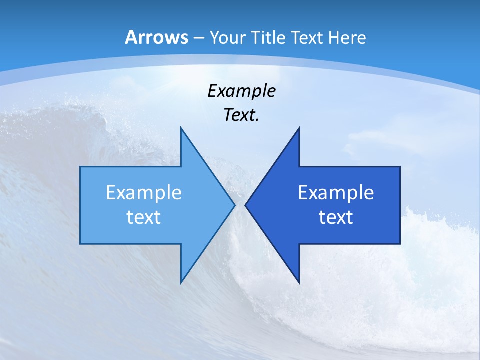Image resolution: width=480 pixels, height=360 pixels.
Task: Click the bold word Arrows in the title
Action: pos(156,37)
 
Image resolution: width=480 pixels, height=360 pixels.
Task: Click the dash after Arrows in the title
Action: pos(199,38)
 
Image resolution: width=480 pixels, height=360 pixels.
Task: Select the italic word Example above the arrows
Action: pos(241,91)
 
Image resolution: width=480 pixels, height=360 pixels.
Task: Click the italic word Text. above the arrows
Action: pos(241,115)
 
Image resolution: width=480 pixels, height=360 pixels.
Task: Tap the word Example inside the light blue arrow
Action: pos(144,193)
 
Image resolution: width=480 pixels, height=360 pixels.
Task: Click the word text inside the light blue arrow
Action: pos(144,217)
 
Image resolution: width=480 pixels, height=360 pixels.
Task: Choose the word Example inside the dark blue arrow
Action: pos(336,193)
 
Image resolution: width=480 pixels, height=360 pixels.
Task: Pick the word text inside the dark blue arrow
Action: pos(336,217)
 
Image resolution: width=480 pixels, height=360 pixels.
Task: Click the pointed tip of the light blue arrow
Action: pos(234,205)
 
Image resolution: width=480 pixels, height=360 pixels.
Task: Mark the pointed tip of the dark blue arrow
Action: pos(245,205)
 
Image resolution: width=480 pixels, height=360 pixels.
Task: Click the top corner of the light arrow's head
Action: pos(181,128)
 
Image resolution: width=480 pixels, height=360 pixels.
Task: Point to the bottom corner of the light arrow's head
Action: pos(181,283)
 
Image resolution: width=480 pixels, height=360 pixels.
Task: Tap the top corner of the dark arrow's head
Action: pos(299,128)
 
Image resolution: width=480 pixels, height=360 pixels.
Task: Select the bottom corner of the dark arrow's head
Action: pos(299,283)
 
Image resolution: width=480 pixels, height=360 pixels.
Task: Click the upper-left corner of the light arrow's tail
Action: pos(80,167)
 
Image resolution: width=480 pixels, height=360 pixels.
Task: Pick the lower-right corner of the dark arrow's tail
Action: pos(400,243)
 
